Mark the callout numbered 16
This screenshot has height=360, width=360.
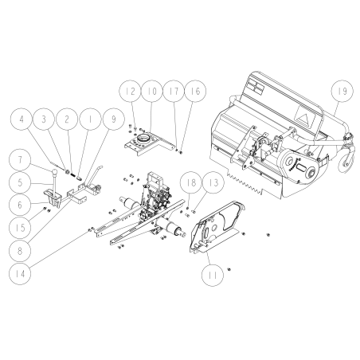[194, 93]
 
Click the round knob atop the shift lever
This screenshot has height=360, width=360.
[57, 171]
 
